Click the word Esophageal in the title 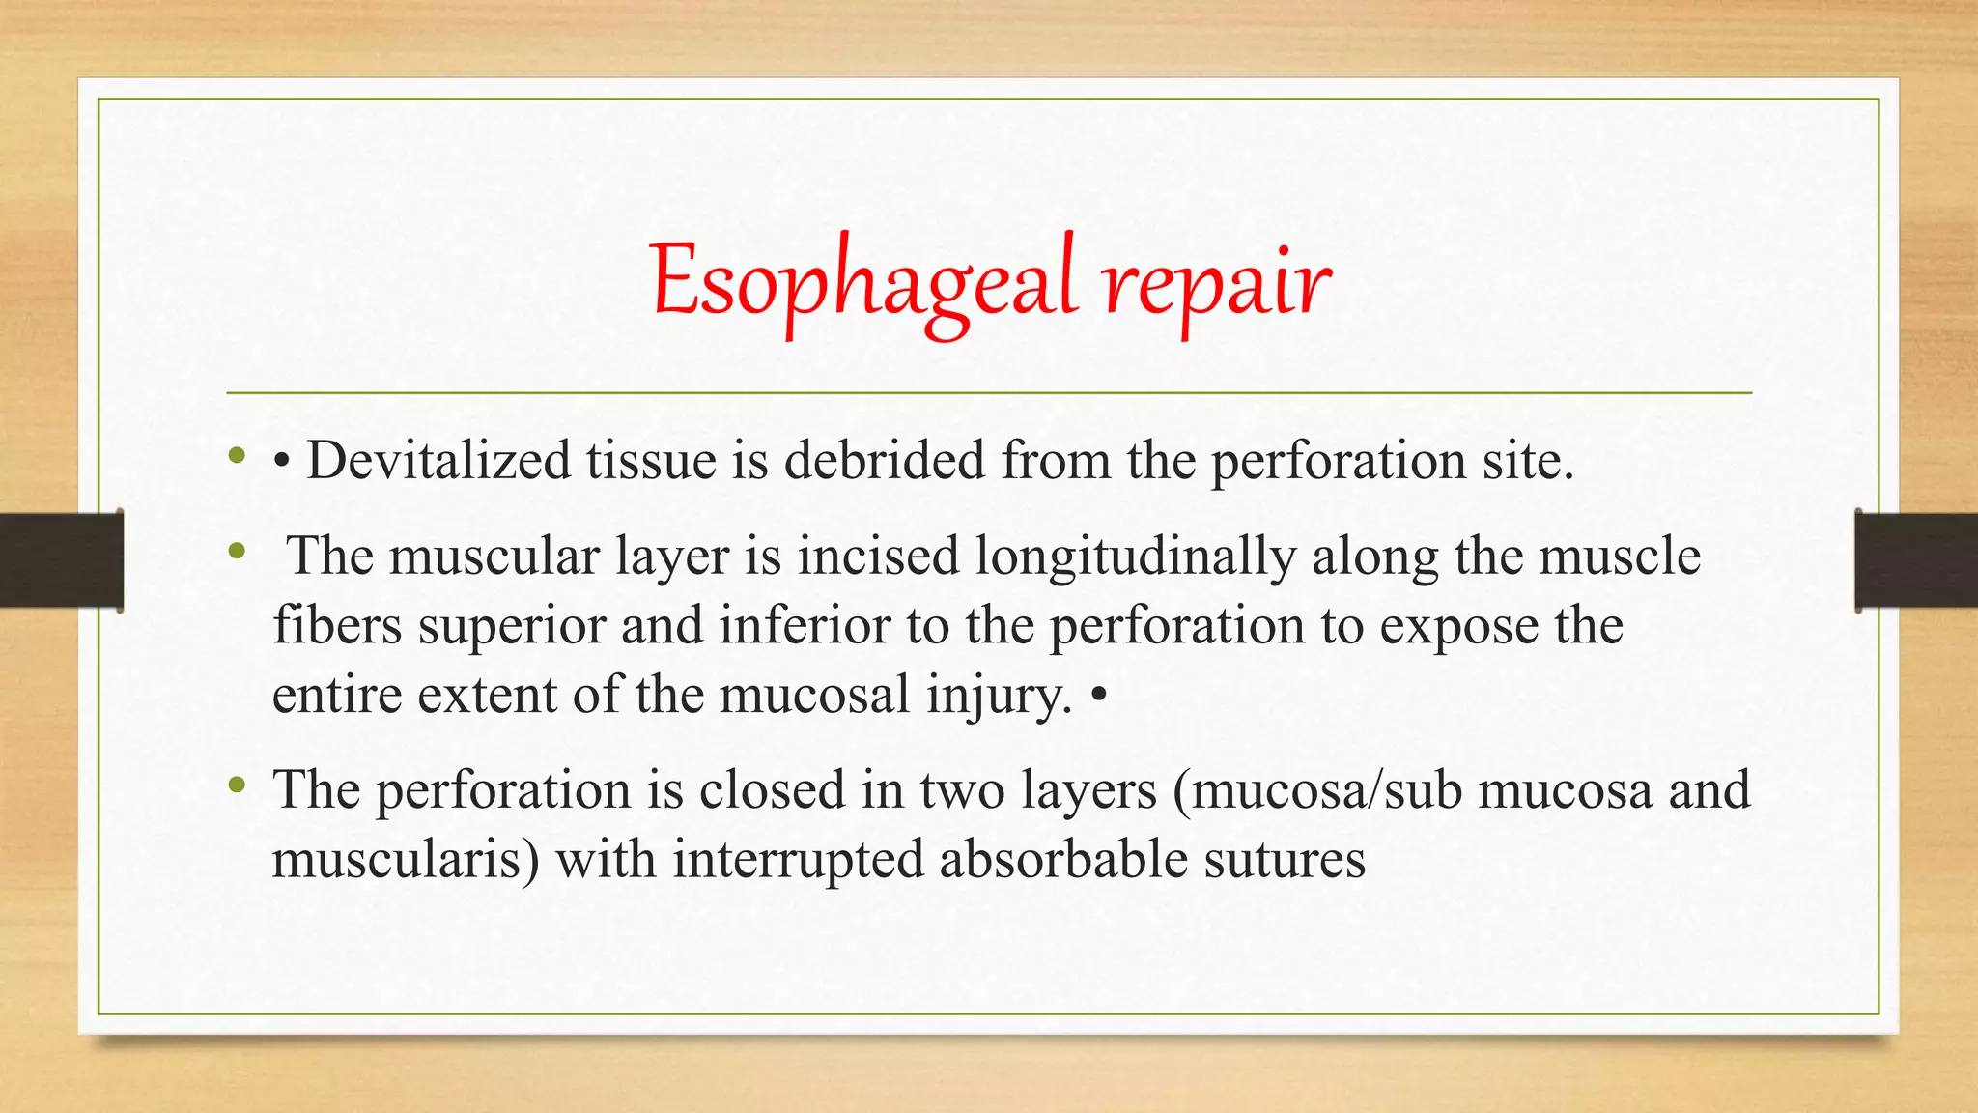862,282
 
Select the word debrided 884,460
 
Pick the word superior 512,626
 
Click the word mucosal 814,696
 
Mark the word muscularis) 405,860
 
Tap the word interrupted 798,860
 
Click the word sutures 1285,860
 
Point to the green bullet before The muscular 236,552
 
